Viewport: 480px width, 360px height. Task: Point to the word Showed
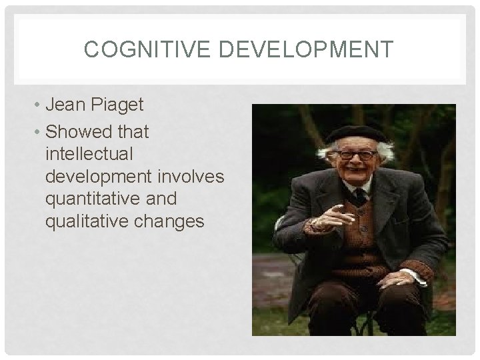coord(77,133)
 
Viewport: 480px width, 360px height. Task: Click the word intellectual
coord(89,154)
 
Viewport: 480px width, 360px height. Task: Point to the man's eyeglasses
coord(357,155)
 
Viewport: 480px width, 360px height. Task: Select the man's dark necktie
coord(360,195)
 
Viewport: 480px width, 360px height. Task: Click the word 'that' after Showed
coord(133,133)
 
